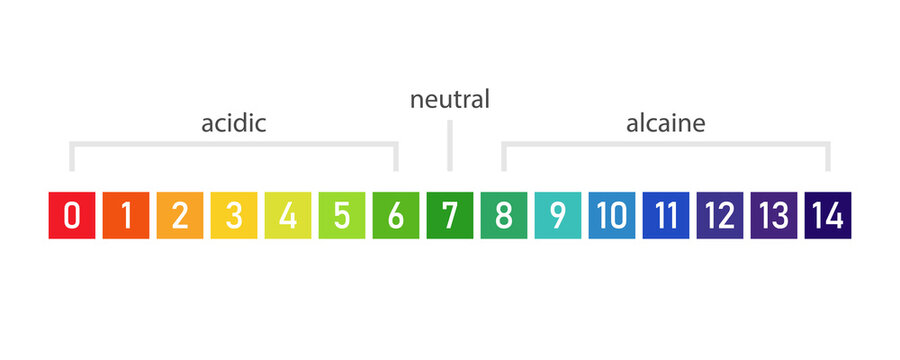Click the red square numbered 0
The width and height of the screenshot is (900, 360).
coord(72,215)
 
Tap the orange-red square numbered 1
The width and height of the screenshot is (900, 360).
coord(126,215)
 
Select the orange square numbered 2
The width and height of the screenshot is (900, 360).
coord(180,215)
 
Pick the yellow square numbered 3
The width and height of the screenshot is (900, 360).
coord(234,215)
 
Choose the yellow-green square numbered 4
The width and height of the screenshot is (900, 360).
coord(288,215)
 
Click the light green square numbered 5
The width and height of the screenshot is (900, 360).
coord(342,215)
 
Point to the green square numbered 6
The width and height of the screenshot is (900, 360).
coord(396,215)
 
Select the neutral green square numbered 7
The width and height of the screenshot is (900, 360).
coord(450,215)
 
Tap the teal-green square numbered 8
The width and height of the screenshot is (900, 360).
coord(504,215)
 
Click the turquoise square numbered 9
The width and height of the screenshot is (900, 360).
coord(558,215)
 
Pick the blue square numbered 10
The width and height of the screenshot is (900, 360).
coord(612,215)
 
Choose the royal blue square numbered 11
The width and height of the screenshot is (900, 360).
coord(666,215)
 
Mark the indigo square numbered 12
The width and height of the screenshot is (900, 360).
coord(720,215)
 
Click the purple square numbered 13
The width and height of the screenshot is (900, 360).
coord(774,215)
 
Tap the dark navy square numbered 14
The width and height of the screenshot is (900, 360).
coord(828,215)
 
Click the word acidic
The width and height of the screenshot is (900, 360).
coord(234,124)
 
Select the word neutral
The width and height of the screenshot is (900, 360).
coord(450,100)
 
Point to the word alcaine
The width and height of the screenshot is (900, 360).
coord(666,124)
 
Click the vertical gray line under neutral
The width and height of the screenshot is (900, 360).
coord(450,146)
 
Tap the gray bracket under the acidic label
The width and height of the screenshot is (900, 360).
coord(234,145)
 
